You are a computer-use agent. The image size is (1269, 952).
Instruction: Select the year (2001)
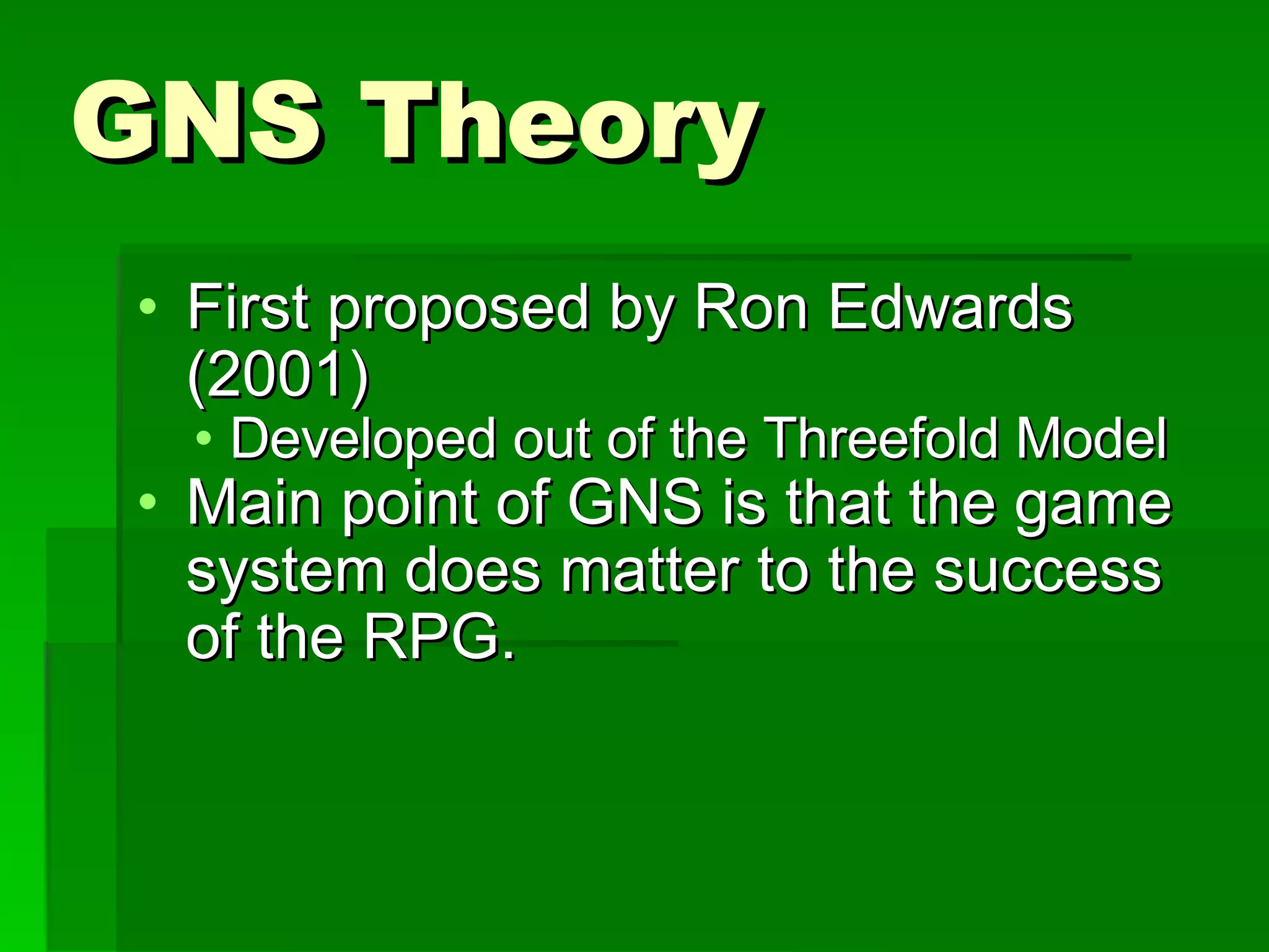(x=278, y=375)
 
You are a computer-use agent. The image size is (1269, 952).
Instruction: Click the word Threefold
(x=880, y=439)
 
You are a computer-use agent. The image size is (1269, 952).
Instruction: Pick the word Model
(x=1091, y=439)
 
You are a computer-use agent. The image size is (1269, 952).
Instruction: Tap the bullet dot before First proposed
(x=147, y=306)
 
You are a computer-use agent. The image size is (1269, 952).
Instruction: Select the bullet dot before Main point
(x=147, y=501)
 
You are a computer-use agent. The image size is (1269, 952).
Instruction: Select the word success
(x=1047, y=571)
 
